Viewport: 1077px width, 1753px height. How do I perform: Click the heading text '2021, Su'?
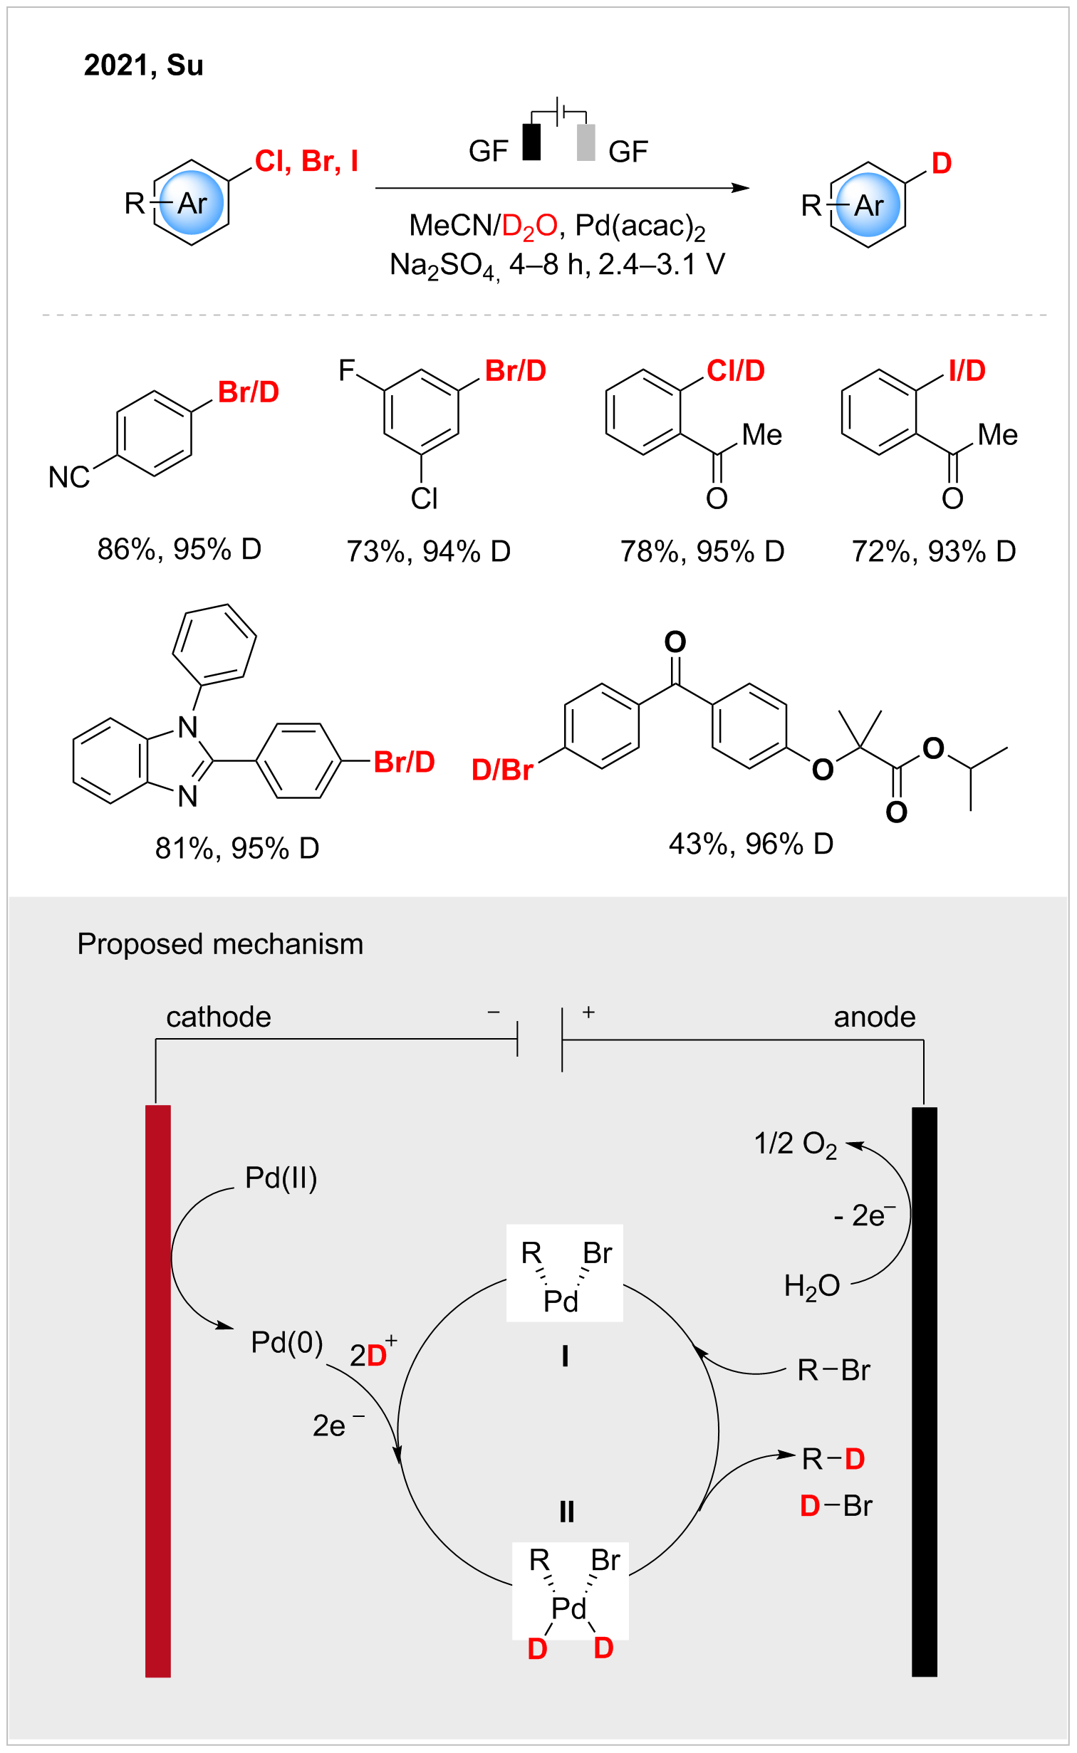click(x=144, y=66)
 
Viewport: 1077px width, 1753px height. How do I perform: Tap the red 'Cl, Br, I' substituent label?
click(x=306, y=162)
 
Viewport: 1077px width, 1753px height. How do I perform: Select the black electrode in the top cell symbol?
click(x=531, y=142)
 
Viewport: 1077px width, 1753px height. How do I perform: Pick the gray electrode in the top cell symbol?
click(x=586, y=142)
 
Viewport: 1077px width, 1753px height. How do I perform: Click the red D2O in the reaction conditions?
click(x=529, y=227)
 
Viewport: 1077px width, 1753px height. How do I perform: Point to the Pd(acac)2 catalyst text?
click(x=640, y=227)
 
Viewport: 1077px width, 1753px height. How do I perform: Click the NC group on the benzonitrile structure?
click(x=69, y=477)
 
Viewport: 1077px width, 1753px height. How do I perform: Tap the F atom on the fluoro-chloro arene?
click(x=347, y=370)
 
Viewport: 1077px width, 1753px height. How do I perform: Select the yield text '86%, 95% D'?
click(x=179, y=549)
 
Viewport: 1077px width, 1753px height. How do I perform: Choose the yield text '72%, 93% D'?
click(x=934, y=551)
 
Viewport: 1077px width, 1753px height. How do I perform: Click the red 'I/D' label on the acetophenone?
click(x=967, y=371)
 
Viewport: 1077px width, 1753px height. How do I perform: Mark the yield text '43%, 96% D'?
click(x=751, y=844)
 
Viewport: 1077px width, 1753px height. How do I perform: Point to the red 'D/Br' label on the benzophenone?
click(x=502, y=770)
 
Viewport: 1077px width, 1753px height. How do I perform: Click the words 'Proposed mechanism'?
click(x=220, y=944)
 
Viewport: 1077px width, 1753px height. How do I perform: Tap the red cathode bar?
click(x=158, y=1391)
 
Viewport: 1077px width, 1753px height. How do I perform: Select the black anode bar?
click(x=925, y=1392)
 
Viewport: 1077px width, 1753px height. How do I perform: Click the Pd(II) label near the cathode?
click(x=281, y=1178)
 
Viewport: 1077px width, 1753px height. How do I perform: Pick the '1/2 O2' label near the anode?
click(x=796, y=1144)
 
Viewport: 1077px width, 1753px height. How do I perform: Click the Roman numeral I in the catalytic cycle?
click(x=565, y=1357)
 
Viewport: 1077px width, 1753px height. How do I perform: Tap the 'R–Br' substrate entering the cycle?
click(x=833, y=1370)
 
